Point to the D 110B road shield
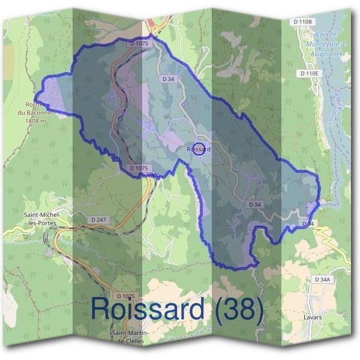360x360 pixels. coord(304,22)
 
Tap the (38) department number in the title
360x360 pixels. coord(236,309)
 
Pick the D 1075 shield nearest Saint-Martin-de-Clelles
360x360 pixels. coord(127,296)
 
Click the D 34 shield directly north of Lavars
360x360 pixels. coord(308,224)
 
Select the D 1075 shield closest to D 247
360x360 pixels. coord(139,169)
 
